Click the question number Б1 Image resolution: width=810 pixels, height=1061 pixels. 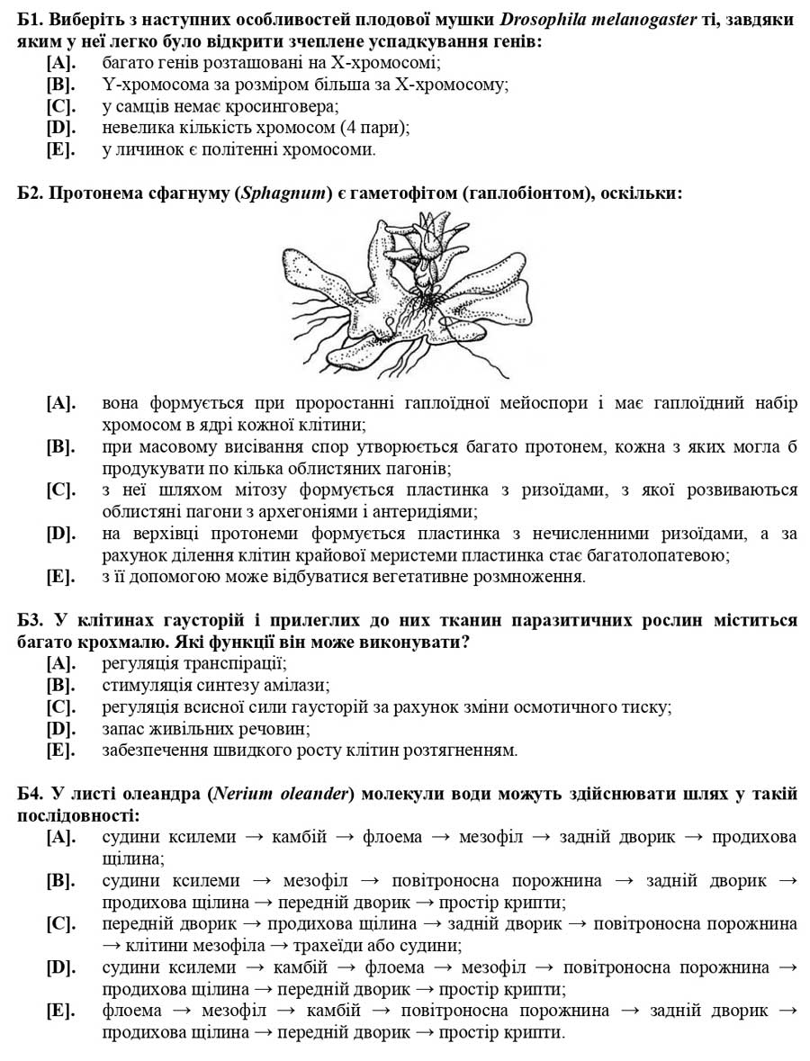[x=31, y=19]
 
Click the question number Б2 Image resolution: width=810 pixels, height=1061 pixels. [x=31, y=193]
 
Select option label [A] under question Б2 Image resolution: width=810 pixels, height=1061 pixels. [x=60, y=403]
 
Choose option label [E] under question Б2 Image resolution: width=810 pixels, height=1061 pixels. [x=60, y=577]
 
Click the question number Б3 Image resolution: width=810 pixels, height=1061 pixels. [x=31, y=621]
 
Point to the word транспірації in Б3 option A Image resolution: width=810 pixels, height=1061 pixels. [x=237, y=664]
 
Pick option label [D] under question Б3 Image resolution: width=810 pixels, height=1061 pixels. [x=60, y=729]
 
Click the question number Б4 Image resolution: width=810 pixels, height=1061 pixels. [x=31, y=794]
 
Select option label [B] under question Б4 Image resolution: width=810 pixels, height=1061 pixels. [x=60, y=881]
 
